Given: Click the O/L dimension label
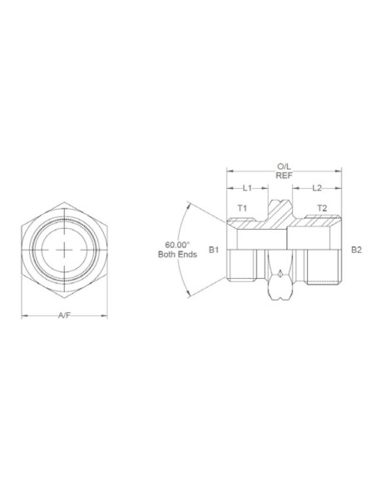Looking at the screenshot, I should coord(283,166).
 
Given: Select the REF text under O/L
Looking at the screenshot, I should coord(283,176).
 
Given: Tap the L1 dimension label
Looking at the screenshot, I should coord(247,189).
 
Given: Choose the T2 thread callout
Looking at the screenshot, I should coord(322,207).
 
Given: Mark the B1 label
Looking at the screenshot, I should coord(213,249).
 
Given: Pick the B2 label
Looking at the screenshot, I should coord(356,249).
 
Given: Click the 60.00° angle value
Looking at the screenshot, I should coord(177,245).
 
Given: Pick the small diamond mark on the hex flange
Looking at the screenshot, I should coord(282,275).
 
